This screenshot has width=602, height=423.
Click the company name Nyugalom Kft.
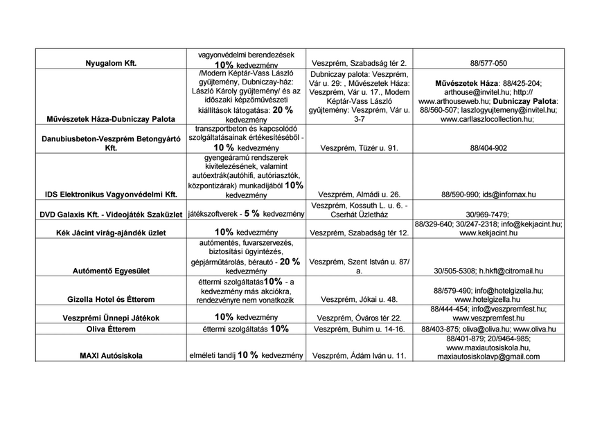111,63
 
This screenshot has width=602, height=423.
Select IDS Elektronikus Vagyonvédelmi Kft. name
111,195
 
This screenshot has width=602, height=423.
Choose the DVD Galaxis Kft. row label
111,215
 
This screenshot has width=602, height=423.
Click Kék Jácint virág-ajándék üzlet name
111,233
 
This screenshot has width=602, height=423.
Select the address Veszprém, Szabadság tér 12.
360,233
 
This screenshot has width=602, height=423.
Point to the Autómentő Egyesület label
111,271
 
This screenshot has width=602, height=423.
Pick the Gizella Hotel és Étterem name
111,300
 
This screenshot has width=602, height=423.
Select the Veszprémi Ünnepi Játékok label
111,318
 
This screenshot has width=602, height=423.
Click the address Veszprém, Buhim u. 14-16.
360,329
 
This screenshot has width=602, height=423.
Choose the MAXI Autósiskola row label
111,356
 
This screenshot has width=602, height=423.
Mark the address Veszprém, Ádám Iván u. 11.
360,356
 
